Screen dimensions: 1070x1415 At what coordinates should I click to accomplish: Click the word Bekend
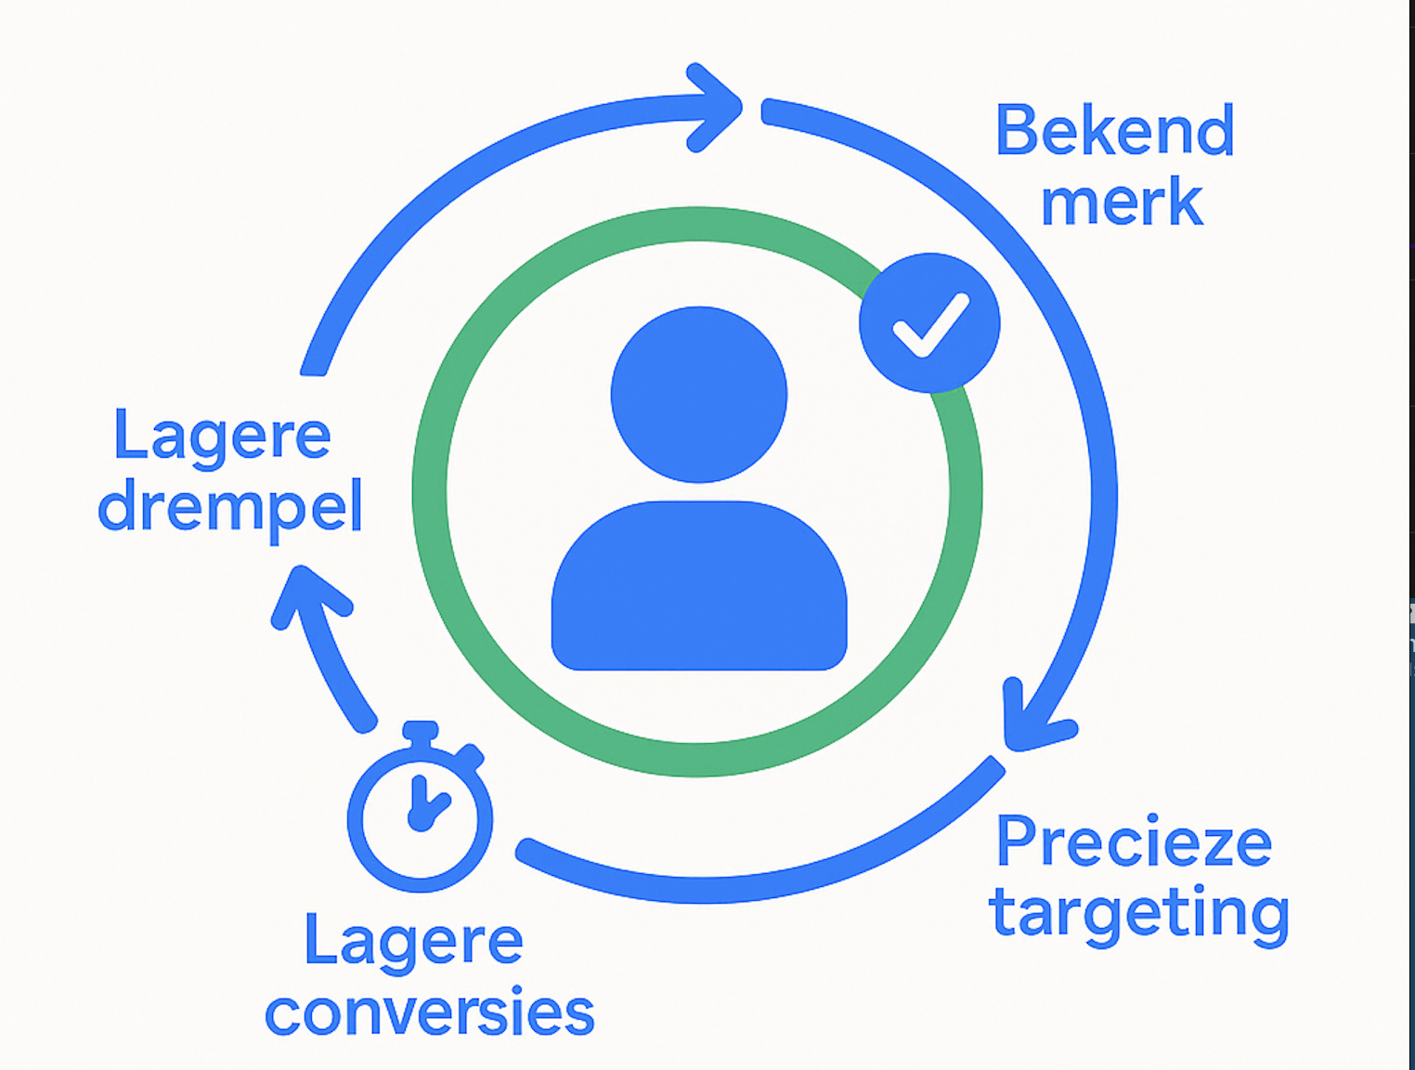[1114, 132]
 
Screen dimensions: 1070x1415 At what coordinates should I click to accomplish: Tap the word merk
[1122, 202]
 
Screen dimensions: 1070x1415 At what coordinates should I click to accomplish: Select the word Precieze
[1133, 842]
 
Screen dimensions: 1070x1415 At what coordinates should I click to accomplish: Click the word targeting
[1139, 914]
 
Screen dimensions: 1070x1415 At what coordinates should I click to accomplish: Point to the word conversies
[429, 1012]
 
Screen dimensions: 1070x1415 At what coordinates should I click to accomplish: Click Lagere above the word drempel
[222, 436]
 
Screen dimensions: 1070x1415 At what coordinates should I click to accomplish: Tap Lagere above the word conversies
[413, 941]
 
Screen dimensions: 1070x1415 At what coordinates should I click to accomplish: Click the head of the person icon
[698, 394]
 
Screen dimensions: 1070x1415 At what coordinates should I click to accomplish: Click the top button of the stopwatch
[420, 731]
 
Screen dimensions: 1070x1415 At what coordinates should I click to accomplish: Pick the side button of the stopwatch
[470, 756]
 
